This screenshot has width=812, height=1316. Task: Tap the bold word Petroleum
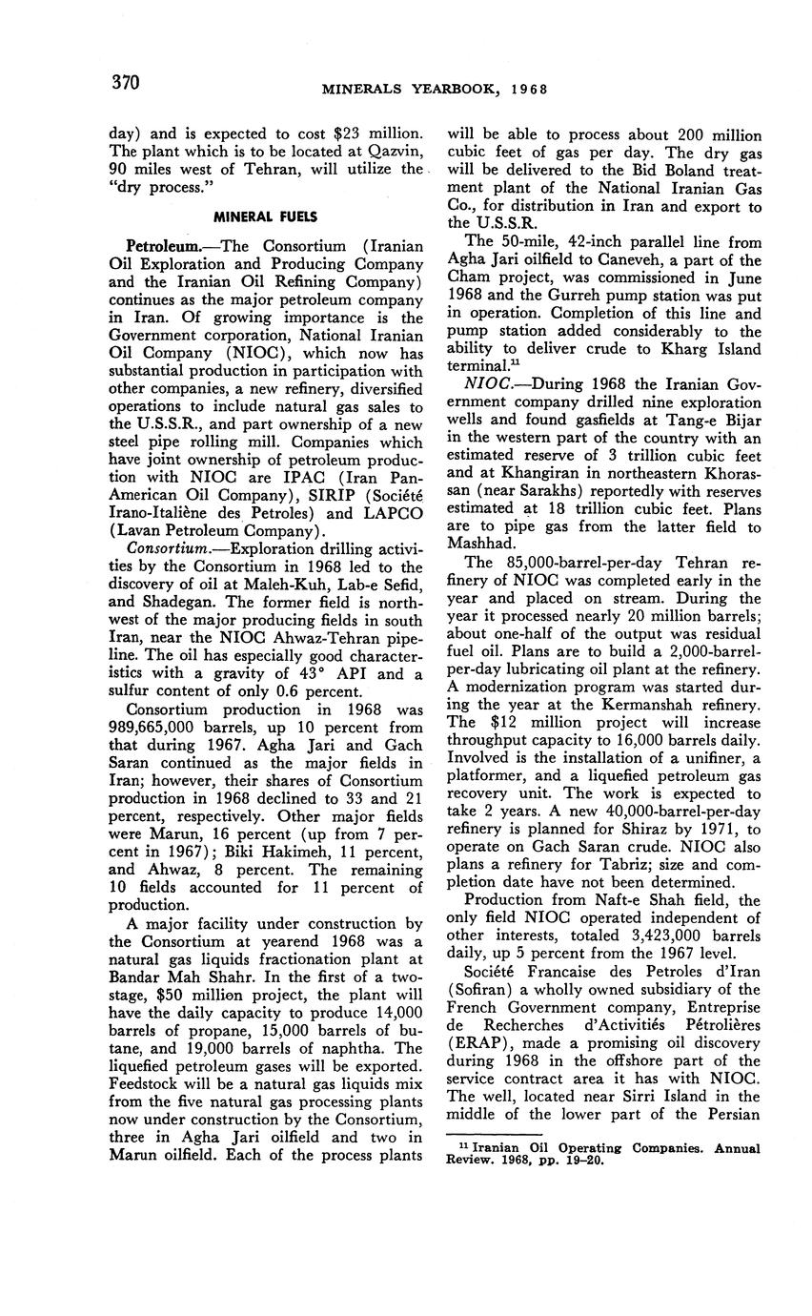pos(159,246)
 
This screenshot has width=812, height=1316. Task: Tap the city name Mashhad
pos(484,545)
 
